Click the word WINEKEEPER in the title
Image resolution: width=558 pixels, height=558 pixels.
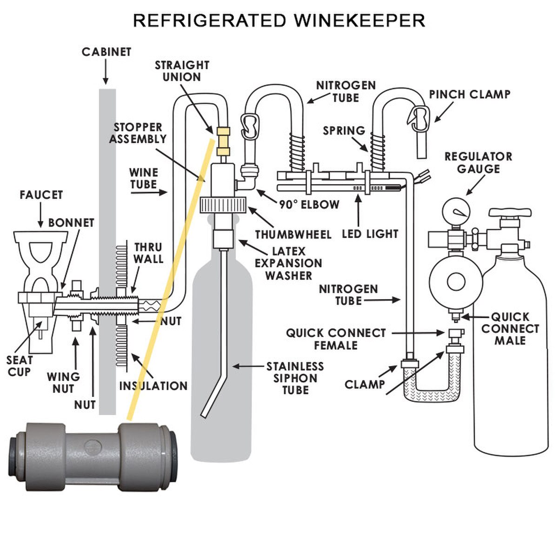pos(359,20)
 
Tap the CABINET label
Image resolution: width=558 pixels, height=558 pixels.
pos(106,52)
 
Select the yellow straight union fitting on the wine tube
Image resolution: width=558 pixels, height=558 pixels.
pos(223,141)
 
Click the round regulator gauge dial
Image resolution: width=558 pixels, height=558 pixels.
pos(456,212)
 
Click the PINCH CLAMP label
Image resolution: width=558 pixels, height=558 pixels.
pos(469,95)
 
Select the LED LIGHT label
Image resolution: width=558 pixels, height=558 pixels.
pos(370,234)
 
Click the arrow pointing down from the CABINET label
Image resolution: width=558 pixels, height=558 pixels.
pos(106,72)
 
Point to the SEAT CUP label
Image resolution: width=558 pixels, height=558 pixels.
pos(20,366)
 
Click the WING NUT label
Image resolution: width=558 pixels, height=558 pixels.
pos(63,383)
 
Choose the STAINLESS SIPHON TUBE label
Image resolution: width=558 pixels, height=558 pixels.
pos(295,378)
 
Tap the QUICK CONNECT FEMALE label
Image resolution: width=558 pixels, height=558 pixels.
pos(336,339)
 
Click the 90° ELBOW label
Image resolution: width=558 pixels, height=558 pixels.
pos(309,205)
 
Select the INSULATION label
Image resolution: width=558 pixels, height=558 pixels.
pos(153,386)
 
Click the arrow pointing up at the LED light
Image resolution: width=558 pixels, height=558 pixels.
pos(359,211)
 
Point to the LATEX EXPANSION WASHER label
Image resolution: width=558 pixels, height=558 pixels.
pos(288,264)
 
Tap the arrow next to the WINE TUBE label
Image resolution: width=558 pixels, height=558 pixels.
pos(149,192)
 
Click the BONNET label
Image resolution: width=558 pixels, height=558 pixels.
pos(71,223)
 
